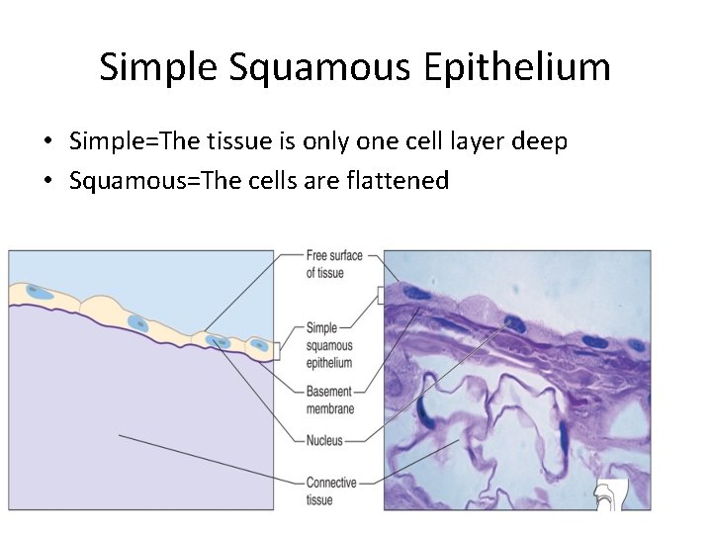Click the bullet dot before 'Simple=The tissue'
pyautogui.click(x=47, y=142)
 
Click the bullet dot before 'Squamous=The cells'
pyautogui.click(x=47, y=182)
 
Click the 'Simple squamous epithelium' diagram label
pyautogui.click(x=329, y=345)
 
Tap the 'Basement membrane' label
pyautogui.click(x=330, y=400)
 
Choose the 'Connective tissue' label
pyautogui.click(x=330, y=490)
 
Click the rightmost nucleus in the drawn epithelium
pyautogui.click(x=259, y=345)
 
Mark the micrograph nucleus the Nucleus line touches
pyautogui.click(x=512, y=322)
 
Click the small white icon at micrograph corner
pyautogui.click(x=614, y=494)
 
